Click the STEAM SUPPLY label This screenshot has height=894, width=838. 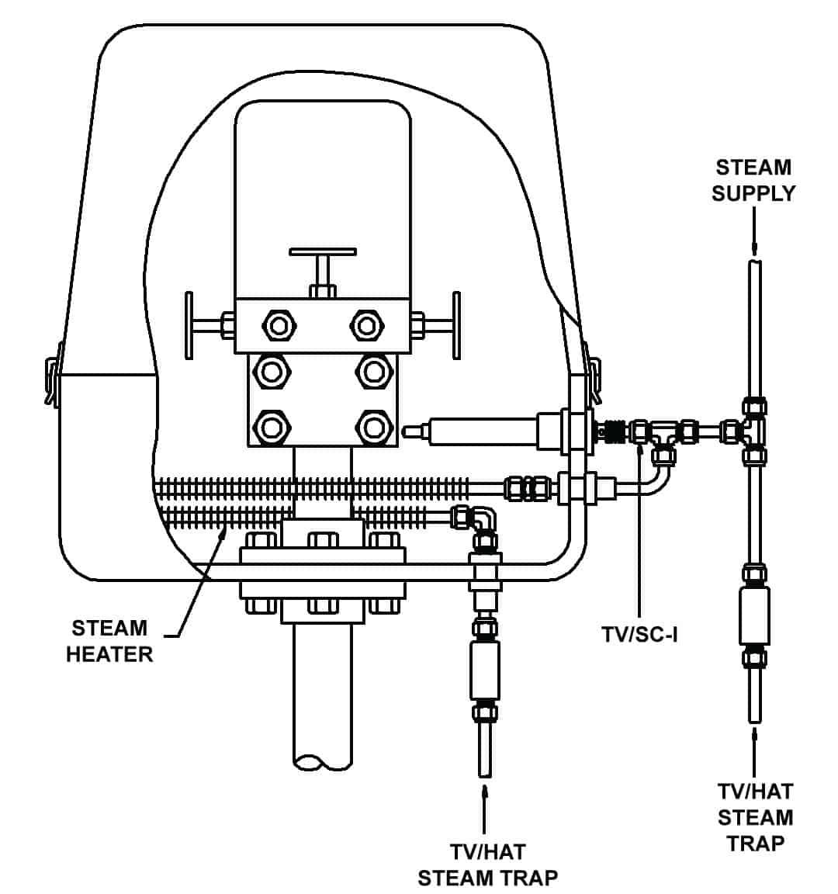(753, 180)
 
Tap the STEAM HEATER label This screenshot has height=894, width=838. (109, 640)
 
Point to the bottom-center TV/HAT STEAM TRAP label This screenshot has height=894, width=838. (487, 865)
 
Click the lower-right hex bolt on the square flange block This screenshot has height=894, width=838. (373, 427)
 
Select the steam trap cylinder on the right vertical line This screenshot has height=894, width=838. (754, 615)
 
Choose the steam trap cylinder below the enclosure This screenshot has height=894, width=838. (485, 670)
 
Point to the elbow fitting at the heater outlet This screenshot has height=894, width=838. (484, 520)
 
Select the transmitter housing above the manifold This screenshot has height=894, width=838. (323, 198)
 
